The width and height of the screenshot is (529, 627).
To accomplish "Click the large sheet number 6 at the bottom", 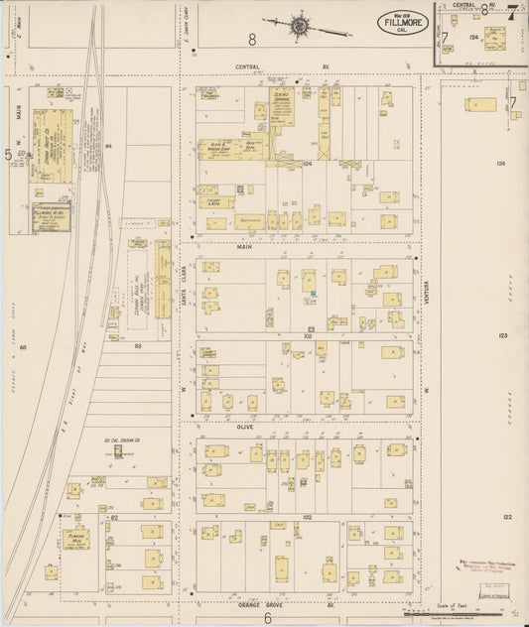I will point(267,617).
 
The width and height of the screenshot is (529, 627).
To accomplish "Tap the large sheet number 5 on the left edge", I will point(8,154).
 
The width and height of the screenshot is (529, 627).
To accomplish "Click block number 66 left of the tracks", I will point(22,347).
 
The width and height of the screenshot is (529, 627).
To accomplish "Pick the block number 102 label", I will point(307,517).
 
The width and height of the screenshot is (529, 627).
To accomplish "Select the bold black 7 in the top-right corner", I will point(512,11).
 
